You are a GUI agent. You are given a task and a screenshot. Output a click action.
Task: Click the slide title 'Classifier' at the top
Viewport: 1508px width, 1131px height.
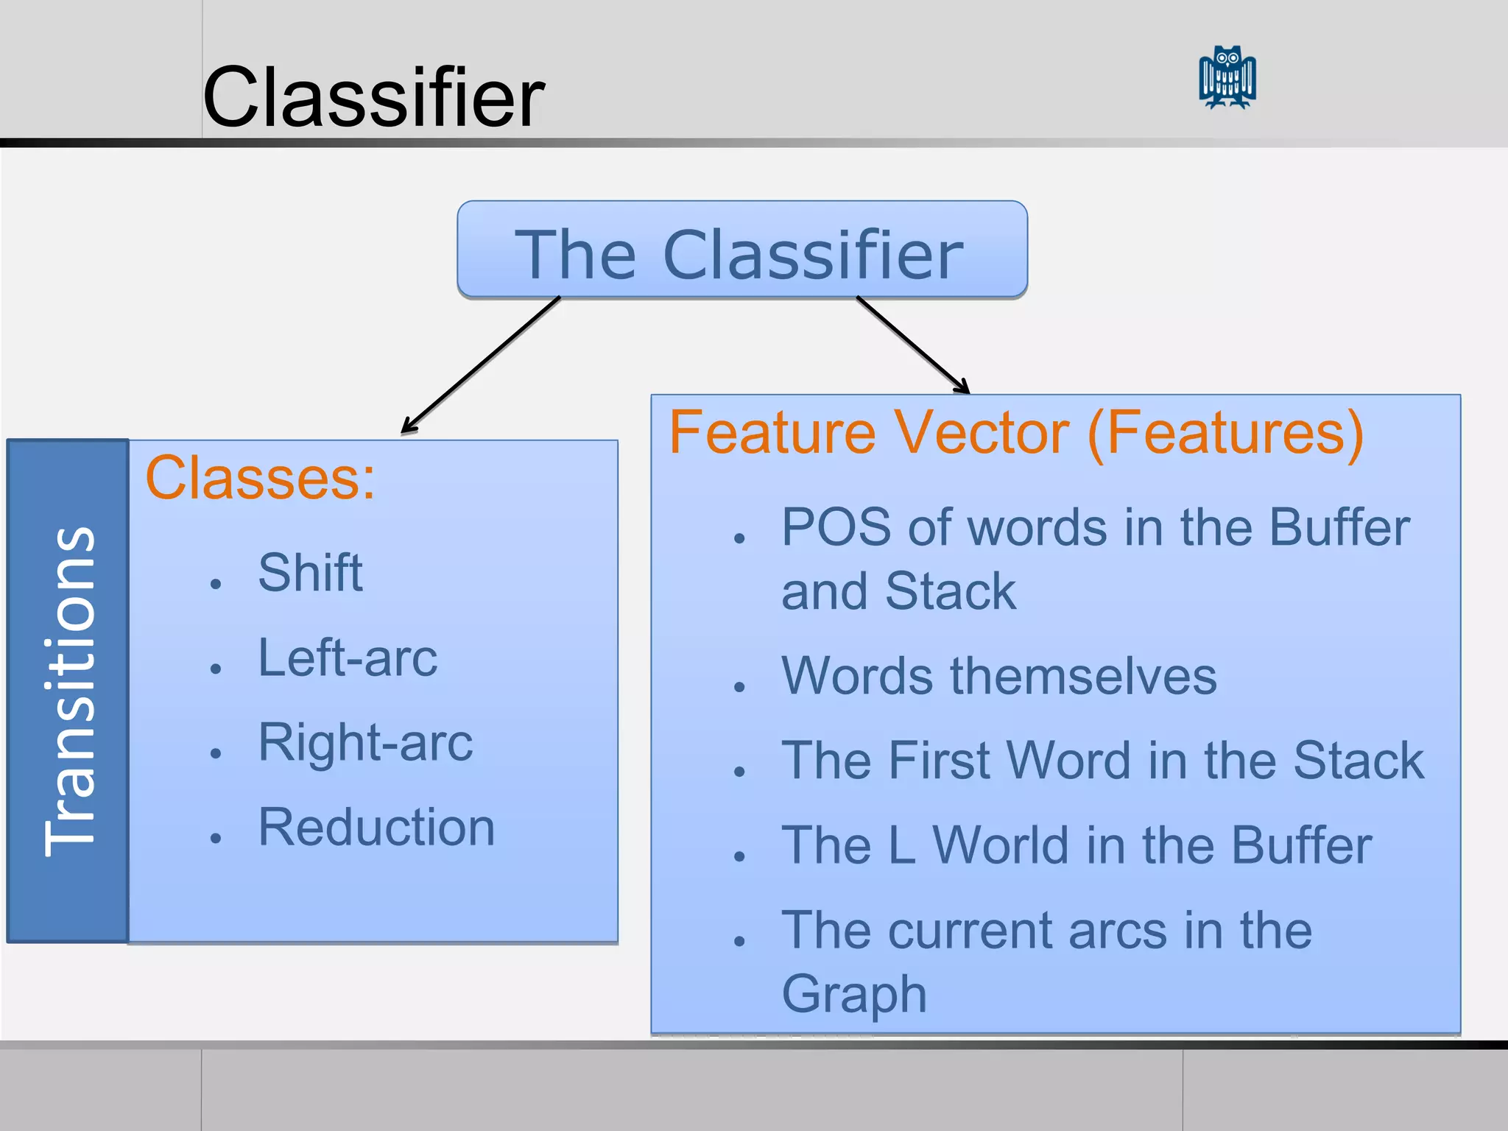pyautogui.click(x=373, y=97)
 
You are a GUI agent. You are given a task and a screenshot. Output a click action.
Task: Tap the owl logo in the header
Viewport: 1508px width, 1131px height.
pyautogui.click(x=1227, y=77)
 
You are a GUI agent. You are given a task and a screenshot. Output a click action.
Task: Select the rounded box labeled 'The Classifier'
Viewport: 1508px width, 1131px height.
pyautogui.click(x=741, y=250)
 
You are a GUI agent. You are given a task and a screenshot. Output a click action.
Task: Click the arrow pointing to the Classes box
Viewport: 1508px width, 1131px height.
pyautogui.click(x=480, y=365)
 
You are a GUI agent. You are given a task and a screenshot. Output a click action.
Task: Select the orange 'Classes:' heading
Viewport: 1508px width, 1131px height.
pyautogui.click(x=260, y=478)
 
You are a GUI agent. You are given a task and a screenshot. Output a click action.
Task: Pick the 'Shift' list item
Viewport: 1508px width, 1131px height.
pyautogui.click(x=310, y=572)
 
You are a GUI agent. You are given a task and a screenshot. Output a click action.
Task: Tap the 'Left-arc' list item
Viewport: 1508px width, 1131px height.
pyautogui.click(x=348, y=658)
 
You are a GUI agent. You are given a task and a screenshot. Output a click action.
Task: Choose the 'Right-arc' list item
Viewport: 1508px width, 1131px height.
pyautogui.click(x=365, y=742)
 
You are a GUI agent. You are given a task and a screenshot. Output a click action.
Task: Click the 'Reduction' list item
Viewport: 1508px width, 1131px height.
pyautogui.click(x=376, y=827)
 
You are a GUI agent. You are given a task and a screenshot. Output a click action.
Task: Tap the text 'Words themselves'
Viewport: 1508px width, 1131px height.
pyautogui.click(x=999, y=675)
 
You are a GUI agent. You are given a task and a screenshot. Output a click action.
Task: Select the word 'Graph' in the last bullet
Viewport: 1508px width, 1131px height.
pyautogui.click(x=853, y=994)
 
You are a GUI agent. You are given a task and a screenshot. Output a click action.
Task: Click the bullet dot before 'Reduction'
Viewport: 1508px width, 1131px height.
pyautogui.click(x=216, y=837)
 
